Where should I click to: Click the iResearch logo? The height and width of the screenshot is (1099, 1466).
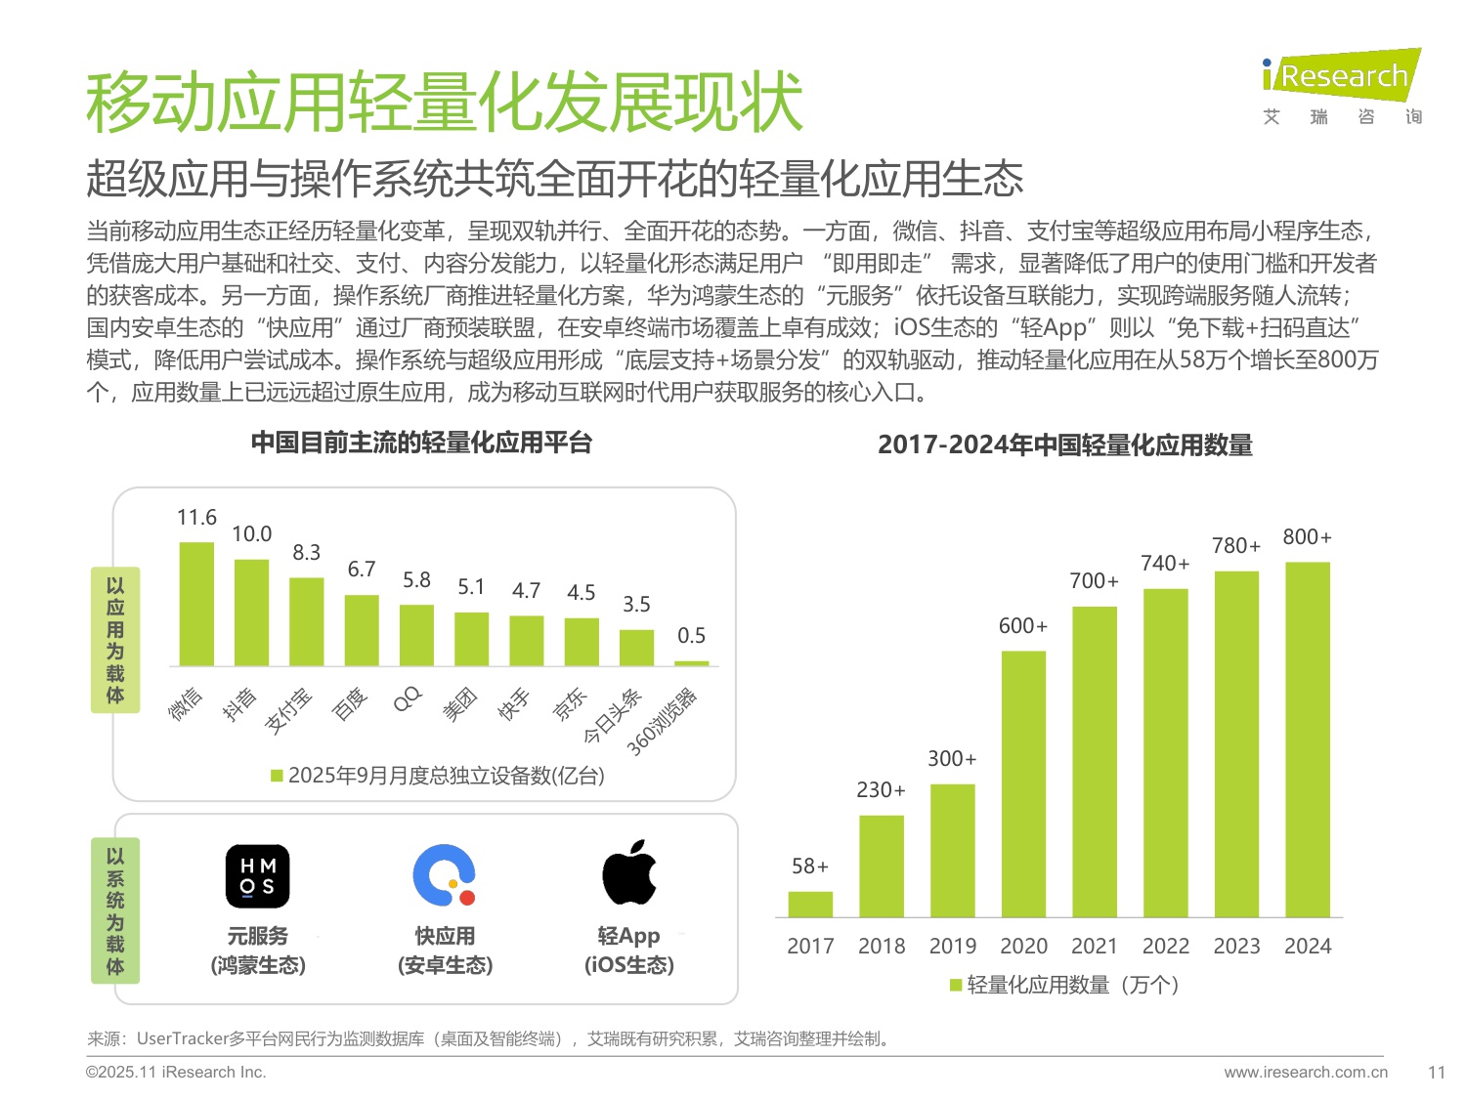click(1341, 76)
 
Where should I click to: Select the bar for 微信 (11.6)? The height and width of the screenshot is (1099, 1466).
click(196, 604)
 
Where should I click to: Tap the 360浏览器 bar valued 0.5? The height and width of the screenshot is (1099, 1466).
click(691, 663)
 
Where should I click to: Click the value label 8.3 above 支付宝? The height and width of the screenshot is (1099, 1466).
click(306, 553)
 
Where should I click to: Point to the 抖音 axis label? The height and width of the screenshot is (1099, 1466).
click(239, 702)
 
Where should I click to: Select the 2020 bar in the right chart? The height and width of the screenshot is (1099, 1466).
click(1023, 783)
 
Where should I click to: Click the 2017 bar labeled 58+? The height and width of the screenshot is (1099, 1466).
click(810, 904)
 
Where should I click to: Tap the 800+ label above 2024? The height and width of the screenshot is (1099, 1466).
click(1307, 537)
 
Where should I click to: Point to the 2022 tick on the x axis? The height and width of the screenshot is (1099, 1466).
click(1165, 946)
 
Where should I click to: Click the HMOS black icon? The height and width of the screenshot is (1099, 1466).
click(258, 876)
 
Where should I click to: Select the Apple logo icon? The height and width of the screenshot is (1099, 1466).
click(629, 872)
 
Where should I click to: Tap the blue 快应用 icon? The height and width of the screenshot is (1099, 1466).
click(445, 875)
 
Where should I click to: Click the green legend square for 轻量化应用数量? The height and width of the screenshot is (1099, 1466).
click(956, 985)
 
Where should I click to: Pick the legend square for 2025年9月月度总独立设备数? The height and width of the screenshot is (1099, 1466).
click(277, 776)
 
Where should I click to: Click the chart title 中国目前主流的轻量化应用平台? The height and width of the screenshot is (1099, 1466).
click(421, 444)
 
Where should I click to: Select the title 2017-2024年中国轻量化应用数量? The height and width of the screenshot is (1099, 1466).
click(1064, 445)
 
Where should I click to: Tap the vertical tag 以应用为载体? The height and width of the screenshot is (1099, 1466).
click(115, 640)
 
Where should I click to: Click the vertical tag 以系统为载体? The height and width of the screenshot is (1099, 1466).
click(115, 910)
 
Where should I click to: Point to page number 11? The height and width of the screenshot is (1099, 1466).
click(1436, 1072)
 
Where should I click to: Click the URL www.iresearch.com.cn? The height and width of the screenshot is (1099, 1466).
click(1305, 1072)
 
